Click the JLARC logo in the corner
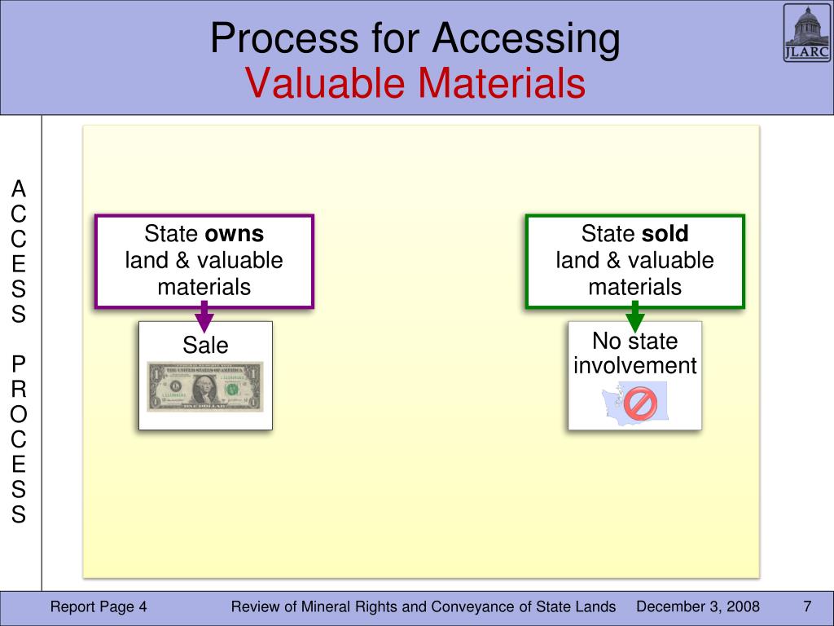click(x=807, y=33)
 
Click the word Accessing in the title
click(x=526, y=39)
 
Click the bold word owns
click(x=235, y=235)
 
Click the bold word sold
click(x=665, y=235)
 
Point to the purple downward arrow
click(x=205, y=315)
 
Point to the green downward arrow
click(x=635, y=315)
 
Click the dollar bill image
click(x=205, y=386)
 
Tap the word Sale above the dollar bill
click(x=205, y=346)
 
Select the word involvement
click(x=635, y=366)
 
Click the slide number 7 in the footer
click(x=807, y=607)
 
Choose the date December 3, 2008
click(x=698, y=607)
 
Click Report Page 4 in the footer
click(x=99, y=607)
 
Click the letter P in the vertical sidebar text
click(x=19, y=363)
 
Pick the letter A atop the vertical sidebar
click(x=19, y=190)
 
